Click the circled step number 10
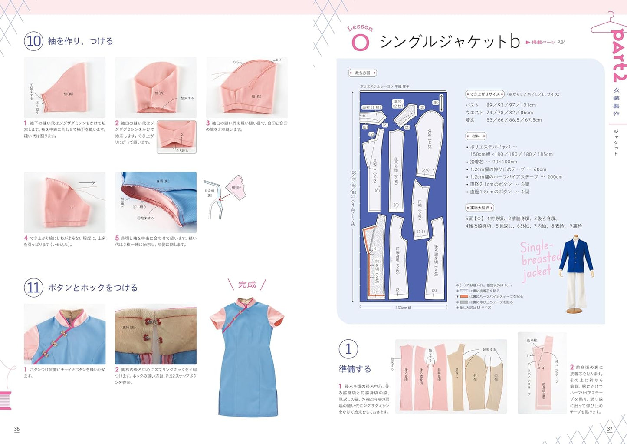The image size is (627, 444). point(33,41)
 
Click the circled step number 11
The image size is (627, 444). point(33,288)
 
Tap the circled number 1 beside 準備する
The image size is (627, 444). point(348,349)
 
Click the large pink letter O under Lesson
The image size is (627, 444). point(360,43)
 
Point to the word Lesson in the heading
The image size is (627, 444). point(360,28)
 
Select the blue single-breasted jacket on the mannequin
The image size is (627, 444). point(576,256)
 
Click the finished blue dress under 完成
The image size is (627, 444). point(246,361)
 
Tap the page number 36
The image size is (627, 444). point(17,429)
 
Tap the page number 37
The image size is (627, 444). point(610,429)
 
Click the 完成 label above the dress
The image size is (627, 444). point(247,285)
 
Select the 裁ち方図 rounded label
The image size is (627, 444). point(362,73)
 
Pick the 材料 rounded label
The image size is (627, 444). point(476,136)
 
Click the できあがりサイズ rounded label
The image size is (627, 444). point(485,94)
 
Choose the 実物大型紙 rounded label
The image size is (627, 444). point(479,208)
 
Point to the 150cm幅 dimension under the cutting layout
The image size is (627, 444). point(403,308)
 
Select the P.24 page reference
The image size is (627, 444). point(561,42)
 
